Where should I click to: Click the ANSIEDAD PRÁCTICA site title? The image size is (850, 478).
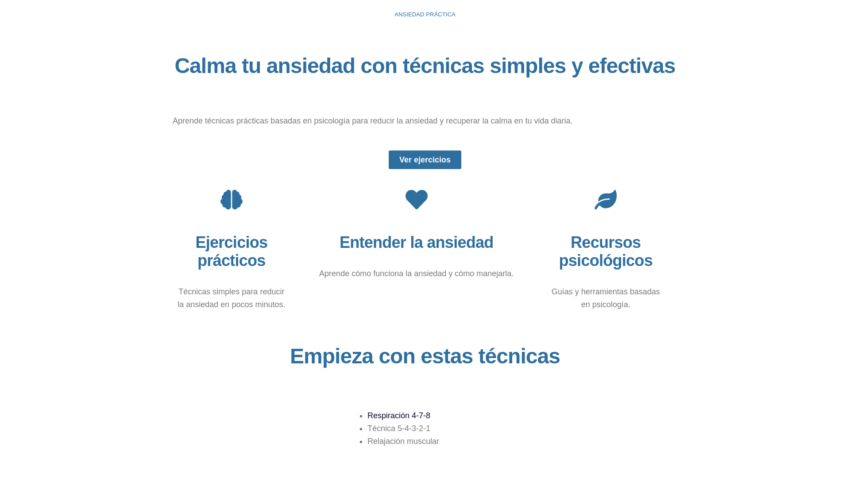[x=425, y=15]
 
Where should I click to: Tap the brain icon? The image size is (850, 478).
[x=232, y=200]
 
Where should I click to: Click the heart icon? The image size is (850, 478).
[x=416, y=200]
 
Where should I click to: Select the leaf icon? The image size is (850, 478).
[x=605, y=200]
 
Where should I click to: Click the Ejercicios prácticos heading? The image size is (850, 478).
[x=232, y=251]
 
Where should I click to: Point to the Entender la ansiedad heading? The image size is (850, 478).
[x=416, y=243]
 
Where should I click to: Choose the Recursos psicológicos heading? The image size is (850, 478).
[x=605, y=251]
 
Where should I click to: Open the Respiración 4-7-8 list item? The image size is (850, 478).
[x=398, y=416]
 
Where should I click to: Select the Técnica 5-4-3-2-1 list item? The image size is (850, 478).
[x=398, y=428]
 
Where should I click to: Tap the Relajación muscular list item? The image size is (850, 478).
[x=403, y=441]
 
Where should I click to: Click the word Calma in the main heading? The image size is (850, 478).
[x=205, y=66]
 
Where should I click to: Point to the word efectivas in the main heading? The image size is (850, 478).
[x=631, y=66]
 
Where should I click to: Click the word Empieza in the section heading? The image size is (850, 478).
[x=332, y=356]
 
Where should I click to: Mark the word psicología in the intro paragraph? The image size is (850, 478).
[x=332, y=121]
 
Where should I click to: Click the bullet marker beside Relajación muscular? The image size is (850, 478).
[x=362, y=442]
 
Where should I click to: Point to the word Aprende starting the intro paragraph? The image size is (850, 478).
[x=187, y=121]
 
